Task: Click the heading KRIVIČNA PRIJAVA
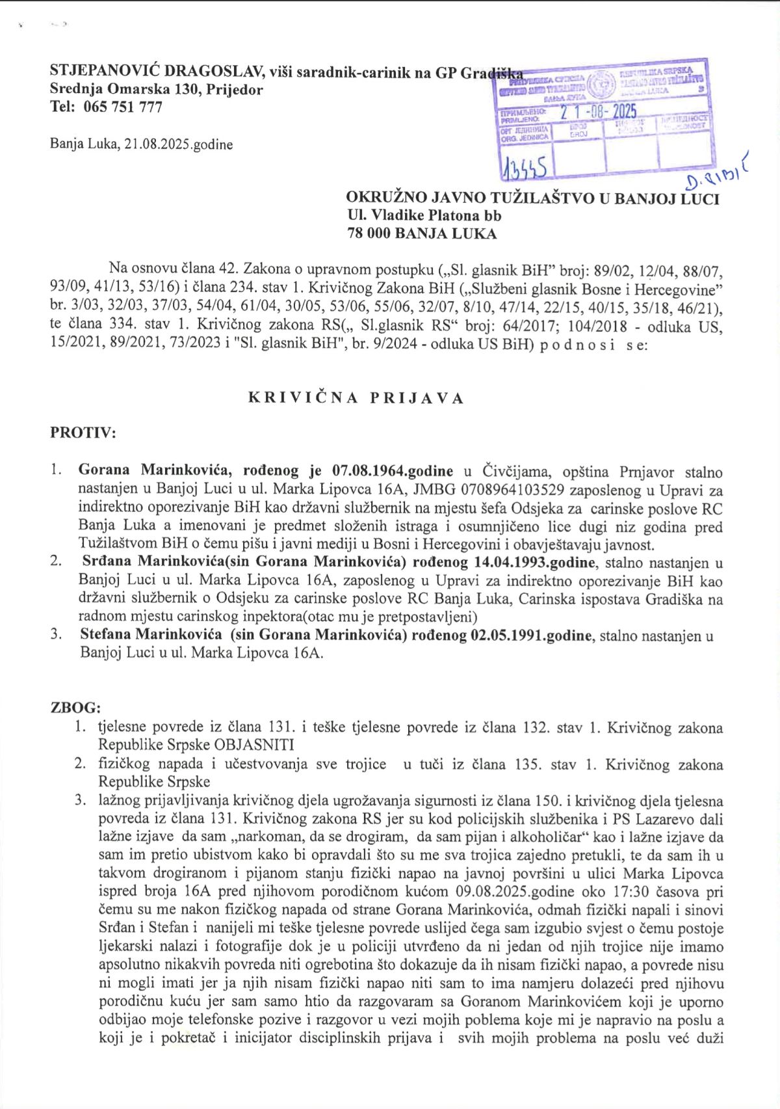pyautogui.click(x=356, y=398)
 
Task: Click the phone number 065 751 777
pyautogui.click(x=123, y=107)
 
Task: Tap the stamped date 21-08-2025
pyautogui.click(x=599, y=112)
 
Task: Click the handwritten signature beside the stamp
pyautogui.click(x=718, y=172)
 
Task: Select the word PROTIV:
pyautogui.click(x=83, y=432)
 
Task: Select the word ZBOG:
pyautogui.click(x=75, y=708)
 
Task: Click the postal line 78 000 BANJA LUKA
pyautogui.click(x=422, y=234)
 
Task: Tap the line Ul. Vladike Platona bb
pyautogui.click(x=424, y=215)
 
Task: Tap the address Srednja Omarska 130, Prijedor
pyautogui.click(x=156, y=90)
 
